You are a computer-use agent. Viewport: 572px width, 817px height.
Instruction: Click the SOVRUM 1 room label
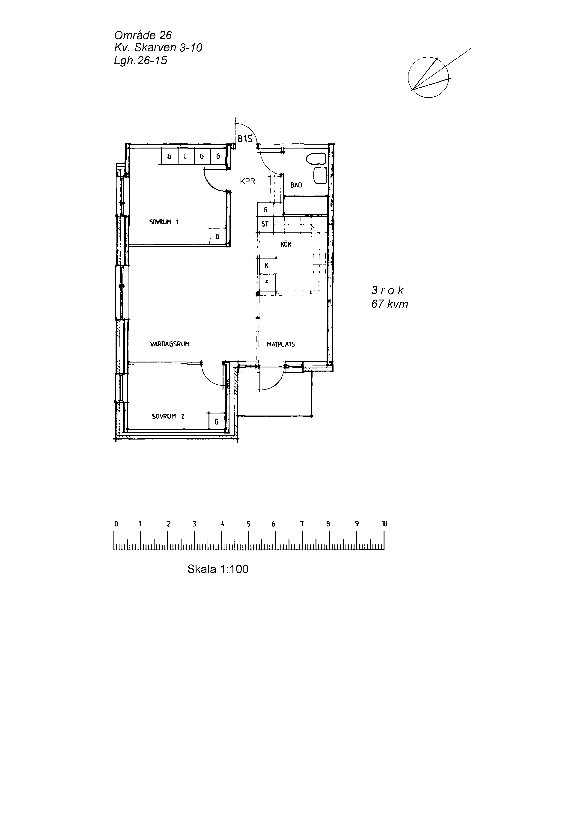tap(164, 222)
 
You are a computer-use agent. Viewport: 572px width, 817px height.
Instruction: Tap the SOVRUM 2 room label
tap(168, 416)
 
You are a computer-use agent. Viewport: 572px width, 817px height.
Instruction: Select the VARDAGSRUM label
tap(170, 344)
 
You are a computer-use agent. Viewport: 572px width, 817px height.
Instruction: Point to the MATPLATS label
tap(281, 344)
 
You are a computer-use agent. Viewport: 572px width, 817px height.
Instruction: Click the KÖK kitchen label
tap(286, 244)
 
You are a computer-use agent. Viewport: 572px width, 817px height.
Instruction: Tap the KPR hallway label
tap(248, 181)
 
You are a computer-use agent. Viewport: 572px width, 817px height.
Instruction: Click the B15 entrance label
tap(245, 139)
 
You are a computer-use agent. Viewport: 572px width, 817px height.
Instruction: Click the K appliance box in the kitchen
tap(267, 266)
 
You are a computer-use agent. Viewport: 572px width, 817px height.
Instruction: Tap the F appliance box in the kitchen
tap(267, 283)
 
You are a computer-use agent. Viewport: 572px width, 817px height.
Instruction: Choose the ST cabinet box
tap(265, 224)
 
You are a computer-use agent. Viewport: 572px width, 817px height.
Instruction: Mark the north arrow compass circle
tap(428, 77)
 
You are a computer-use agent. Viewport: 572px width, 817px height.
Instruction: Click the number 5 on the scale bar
tap(248, 524)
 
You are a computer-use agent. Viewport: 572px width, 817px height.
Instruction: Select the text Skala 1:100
tap(218, 569)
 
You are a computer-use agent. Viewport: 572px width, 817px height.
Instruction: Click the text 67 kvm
tap(390, 304)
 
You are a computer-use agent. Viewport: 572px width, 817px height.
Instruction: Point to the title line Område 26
tap(143, 35)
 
